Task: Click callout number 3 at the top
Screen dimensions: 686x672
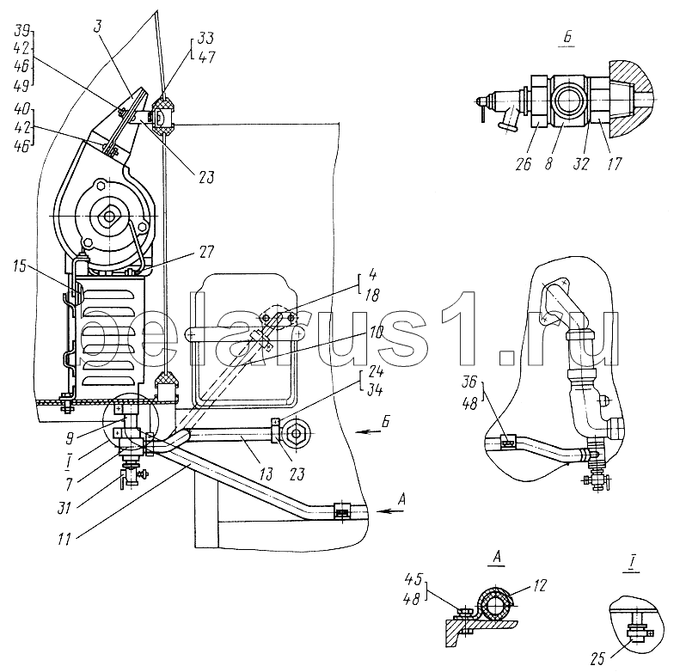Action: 97,27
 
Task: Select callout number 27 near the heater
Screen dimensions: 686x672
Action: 205,253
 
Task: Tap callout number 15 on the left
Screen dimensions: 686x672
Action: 21,266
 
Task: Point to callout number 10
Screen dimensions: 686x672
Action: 376,333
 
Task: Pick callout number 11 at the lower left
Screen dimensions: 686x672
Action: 64,539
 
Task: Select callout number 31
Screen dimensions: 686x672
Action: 64,508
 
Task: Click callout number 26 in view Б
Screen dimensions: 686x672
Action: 524,163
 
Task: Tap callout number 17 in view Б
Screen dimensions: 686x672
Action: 615,163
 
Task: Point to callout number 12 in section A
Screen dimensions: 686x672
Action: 540,585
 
